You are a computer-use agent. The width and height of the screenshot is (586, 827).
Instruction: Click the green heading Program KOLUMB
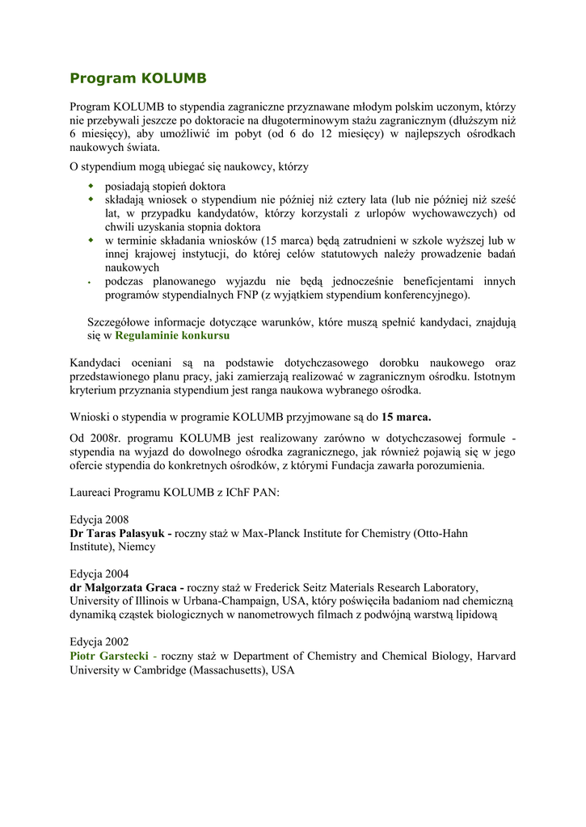[138, 78]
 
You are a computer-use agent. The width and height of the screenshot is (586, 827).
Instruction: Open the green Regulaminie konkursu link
[172, 335]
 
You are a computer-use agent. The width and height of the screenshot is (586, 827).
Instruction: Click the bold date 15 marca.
[407, 418]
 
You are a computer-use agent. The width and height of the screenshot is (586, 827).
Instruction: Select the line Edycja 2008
[99, 520]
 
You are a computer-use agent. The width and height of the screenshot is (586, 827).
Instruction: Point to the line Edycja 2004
[99, 574]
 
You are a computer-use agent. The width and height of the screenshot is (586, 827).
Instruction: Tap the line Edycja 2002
[99, 642]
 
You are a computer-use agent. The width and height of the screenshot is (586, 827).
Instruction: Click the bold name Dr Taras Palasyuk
[118, 534]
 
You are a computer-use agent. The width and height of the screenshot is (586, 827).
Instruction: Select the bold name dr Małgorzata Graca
[125, 588]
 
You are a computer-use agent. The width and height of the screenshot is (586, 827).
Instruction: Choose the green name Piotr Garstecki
[109, 656]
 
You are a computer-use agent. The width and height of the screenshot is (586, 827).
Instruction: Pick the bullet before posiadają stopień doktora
[91, 187]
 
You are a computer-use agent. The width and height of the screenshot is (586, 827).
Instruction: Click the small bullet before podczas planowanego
[91, 283]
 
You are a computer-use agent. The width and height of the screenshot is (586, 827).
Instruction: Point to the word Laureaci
[92, 493]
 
